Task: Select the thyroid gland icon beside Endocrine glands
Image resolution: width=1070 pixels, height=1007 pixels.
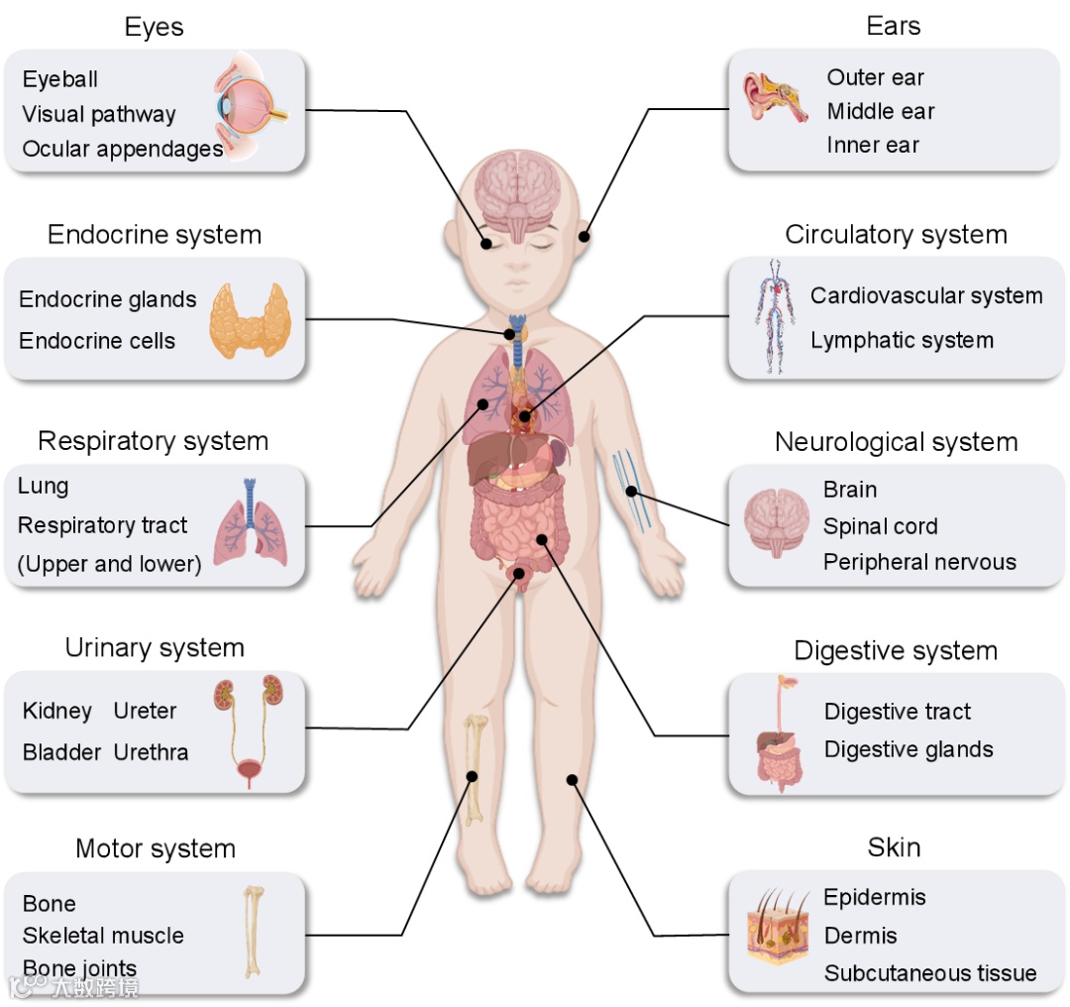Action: click(x=250, y=319)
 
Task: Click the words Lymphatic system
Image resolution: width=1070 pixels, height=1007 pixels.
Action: click(x=902, y=340)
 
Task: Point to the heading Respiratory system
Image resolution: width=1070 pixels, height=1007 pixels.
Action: click(x=154, y=441)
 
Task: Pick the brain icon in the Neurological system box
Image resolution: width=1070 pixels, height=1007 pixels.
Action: click(x=776, y=523)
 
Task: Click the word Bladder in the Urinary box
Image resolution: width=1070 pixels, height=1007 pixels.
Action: click(x=61, y=752)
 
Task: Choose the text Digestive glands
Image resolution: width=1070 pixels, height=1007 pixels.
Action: click(x=909, y=749)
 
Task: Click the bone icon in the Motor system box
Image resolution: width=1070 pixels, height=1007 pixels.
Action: click(x=255, y=933)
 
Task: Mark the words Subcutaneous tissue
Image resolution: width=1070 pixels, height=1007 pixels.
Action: click(x=930, y=973)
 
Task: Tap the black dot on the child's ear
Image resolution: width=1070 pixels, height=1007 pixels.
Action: click(x=585, y=236)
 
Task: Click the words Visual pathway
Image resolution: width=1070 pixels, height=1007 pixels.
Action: click(x=99, y=114)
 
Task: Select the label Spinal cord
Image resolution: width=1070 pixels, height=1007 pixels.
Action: click(x=880, y=526)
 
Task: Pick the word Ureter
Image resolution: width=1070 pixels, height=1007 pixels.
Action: click(x=145, y=711)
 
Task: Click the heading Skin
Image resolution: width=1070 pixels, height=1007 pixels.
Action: click(x=894, y=847)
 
